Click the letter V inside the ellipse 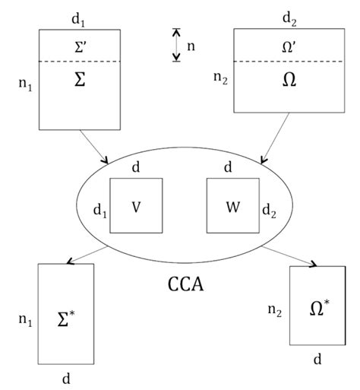tap(135, 207)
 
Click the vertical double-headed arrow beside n tap(176, 45)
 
